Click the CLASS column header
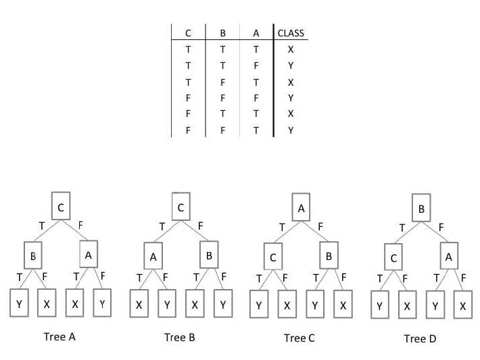click(291, 33)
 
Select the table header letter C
click(188, 33)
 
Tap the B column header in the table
click(222, 33)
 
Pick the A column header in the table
click(256, 33)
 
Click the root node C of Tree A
click(61, 206)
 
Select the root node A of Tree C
click(301, 207)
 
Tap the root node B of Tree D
click(421, 207)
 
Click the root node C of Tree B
click(181, 207)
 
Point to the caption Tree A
click(59, 337)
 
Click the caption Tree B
click(179, 337)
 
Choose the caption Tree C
click(299, 338)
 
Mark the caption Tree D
click(420, 338)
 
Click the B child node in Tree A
click(33, 255)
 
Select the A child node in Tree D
click(449, 256)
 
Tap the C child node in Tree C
click(273, 257)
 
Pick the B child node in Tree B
click(209, 255)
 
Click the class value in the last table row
click(291, 130)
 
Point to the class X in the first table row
click(291, 49)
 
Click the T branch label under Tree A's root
click(42, 226)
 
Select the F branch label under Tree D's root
click(441, 228)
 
